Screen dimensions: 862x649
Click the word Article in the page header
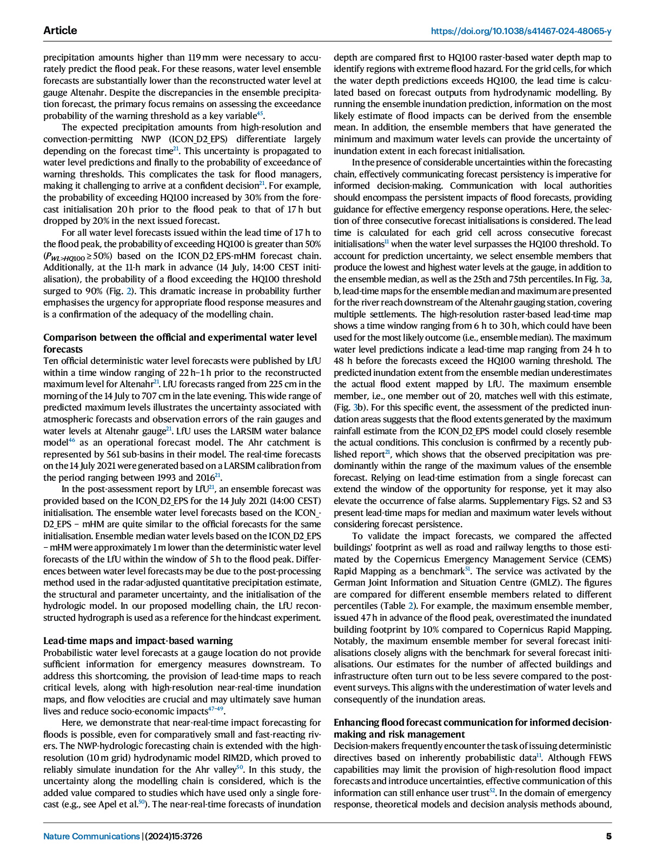[x=60, y=30]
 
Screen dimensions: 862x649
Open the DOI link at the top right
[x=521, y=31]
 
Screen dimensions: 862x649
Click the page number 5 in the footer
[x=608, y=836]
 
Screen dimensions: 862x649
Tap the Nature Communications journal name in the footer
[x=91, y=836]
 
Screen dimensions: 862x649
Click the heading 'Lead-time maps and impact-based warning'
[x=138, y=641]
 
